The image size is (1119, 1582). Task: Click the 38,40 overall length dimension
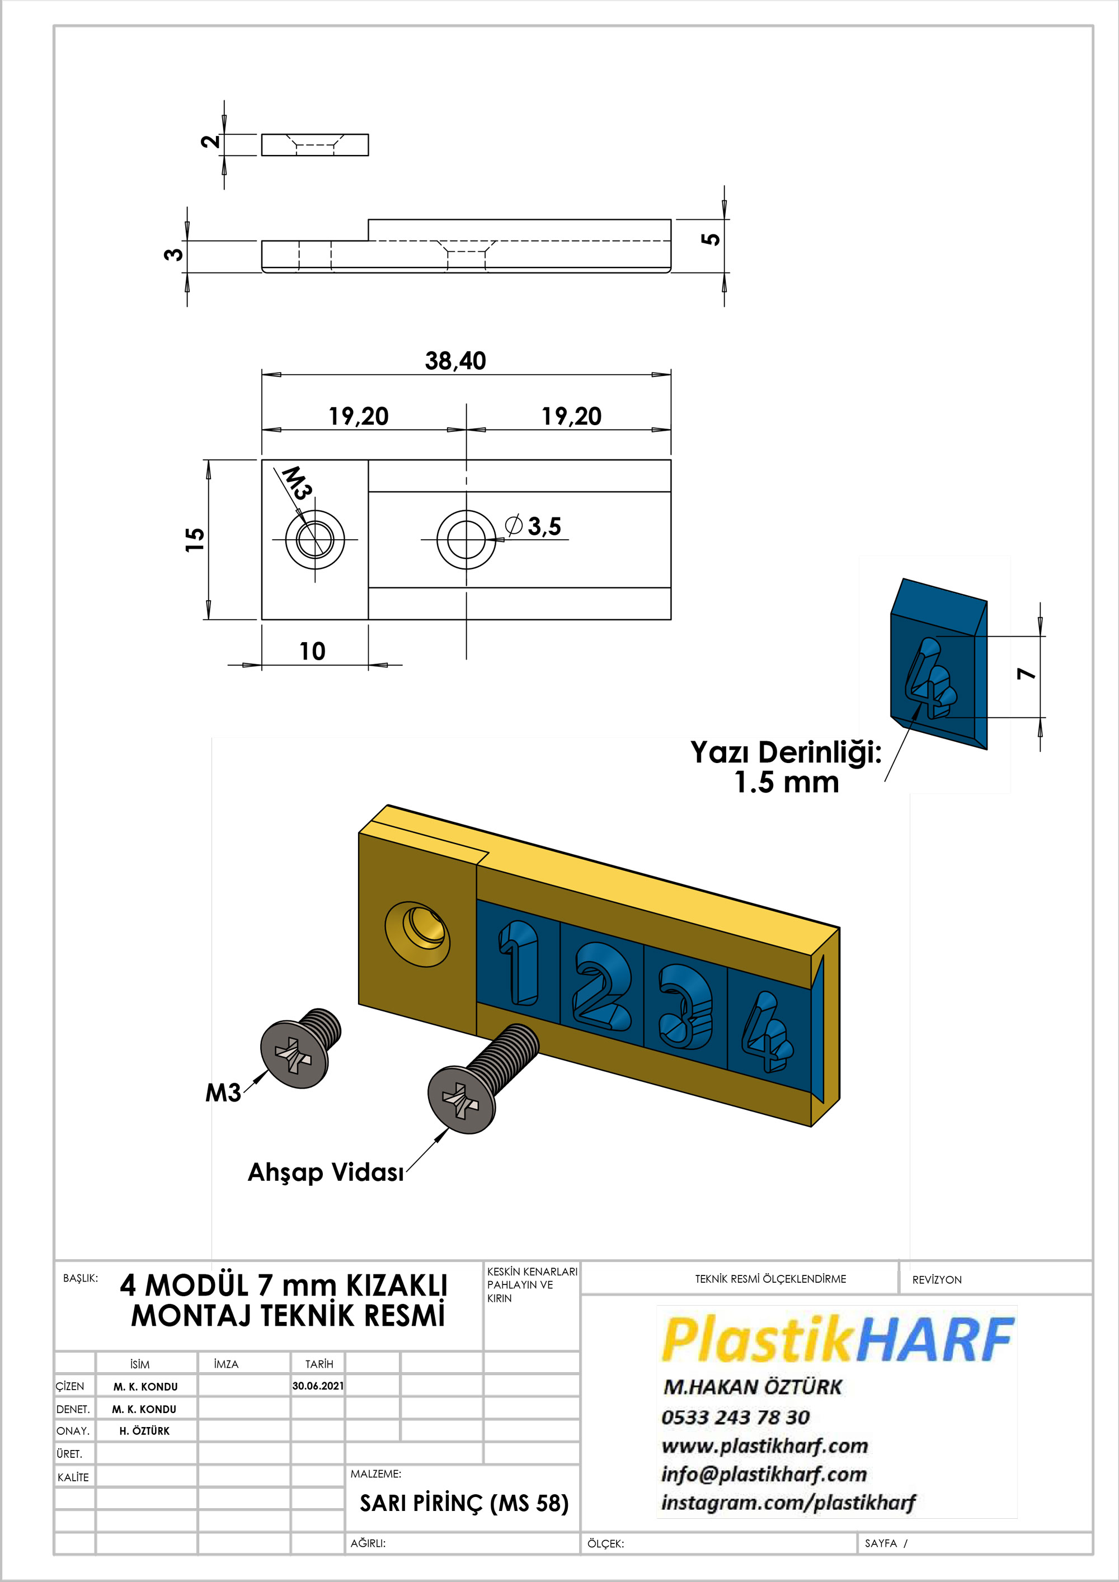click(455, 360)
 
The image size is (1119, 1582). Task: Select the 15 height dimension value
click(195, 539)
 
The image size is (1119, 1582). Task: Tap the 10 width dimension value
click(312, 651)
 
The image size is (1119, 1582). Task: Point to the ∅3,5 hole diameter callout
click(533, 526)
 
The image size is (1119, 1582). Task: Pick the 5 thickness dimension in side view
click(711, 239)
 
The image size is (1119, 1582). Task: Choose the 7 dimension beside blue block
click(1027, 673)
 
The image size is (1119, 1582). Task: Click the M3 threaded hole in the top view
click(315, 539)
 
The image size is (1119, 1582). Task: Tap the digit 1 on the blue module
click(518, 963)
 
